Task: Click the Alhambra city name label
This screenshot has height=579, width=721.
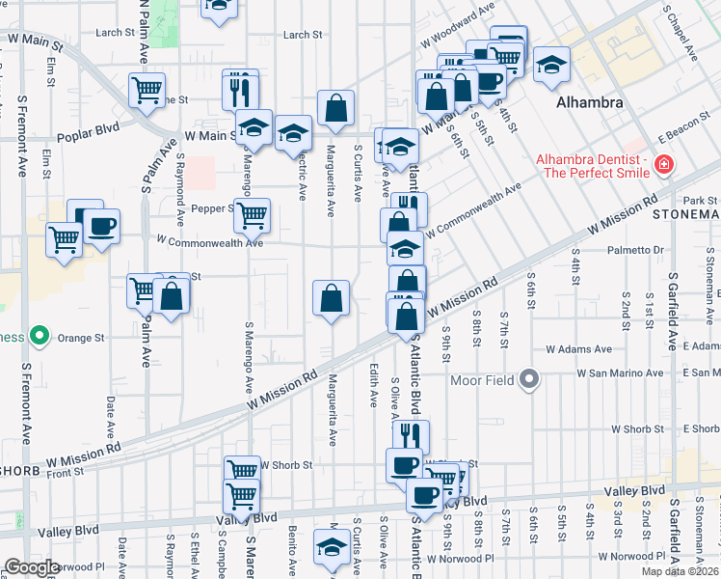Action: pos(588,102)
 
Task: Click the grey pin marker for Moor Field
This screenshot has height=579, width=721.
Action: pos(529,379)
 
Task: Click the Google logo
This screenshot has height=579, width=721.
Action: pos(31,567)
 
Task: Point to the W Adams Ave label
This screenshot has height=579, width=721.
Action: pos(578,349)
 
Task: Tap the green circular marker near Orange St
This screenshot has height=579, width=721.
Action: pos(39,337)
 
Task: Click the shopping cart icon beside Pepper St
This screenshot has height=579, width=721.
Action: pos(253,216)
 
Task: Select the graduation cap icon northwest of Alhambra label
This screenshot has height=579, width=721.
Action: pos(551,64)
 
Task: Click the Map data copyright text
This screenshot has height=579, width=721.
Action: pos(681,571)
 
